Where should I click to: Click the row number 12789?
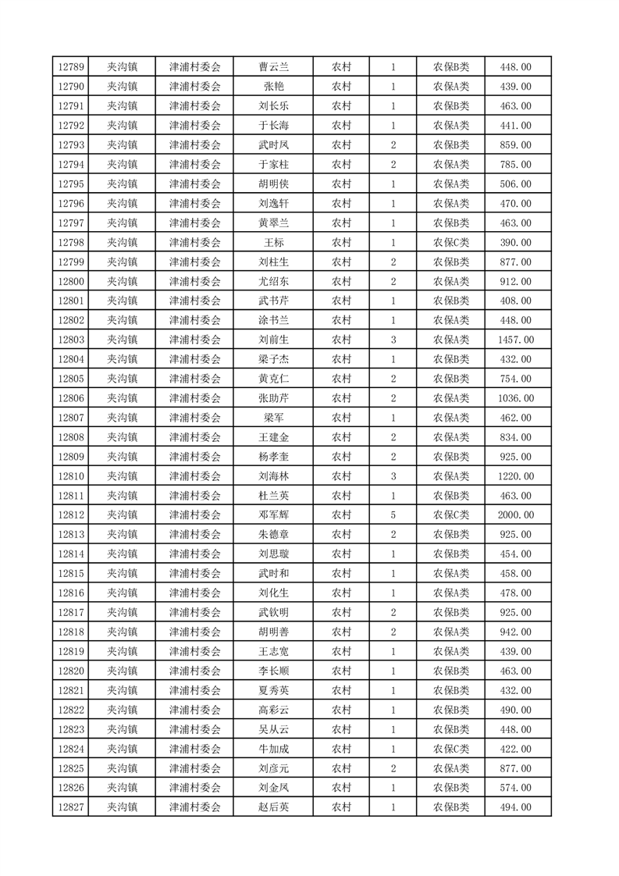click(70, 67)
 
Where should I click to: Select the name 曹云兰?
click(273, 67)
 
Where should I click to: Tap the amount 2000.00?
click(516, 515)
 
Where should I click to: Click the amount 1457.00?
click(516, 340)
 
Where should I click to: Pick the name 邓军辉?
click(273, 515)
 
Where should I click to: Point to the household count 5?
click(393, 515)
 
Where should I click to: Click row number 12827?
click(70, 807)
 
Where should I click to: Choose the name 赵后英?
click(273, 807)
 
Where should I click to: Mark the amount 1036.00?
click(516, 398)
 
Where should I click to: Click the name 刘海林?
click(273, 476)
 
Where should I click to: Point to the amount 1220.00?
click(516, 476)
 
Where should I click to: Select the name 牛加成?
click(273, 749)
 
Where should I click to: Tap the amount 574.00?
click(516, 788)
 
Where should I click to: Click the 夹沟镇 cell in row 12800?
click(122, 281)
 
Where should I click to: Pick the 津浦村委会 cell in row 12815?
click(195, 574)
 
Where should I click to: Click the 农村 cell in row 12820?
click(341, 671)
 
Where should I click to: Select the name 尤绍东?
click(273, 281)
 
